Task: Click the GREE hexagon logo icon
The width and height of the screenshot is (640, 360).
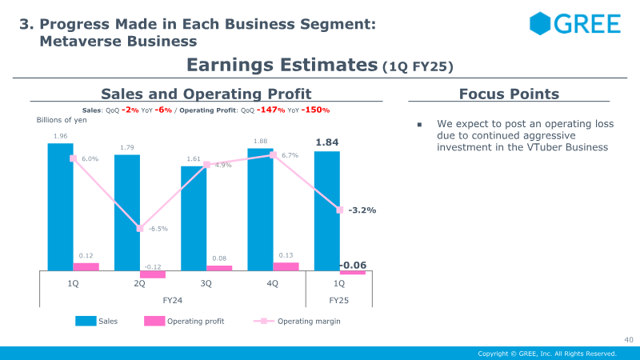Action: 540,23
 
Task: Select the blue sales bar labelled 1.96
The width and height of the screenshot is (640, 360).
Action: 61,207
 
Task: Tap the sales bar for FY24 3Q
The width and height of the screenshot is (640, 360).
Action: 194,218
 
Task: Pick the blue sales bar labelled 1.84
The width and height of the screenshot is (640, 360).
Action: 327,211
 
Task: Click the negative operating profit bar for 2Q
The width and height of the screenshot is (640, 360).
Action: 153,274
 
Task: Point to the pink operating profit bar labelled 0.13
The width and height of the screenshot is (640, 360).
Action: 286,266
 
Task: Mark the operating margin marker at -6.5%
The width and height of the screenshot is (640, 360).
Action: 140,229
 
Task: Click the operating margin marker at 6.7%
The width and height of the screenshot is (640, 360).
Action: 274,155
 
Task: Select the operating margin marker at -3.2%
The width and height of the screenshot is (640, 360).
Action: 340,210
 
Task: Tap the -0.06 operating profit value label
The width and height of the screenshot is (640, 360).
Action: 353,265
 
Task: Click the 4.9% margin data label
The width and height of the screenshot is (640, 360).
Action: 223,165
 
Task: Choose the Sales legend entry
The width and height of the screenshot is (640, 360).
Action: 96,322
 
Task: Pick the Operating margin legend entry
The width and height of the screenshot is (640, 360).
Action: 297,322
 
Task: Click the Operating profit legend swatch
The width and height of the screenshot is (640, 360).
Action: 154,322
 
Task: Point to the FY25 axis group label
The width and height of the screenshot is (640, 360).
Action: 338,301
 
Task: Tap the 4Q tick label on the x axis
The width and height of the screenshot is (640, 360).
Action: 272,283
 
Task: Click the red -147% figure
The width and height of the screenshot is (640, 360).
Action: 270,110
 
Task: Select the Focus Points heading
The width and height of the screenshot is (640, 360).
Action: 509,94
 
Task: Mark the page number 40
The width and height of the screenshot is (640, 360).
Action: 629,339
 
